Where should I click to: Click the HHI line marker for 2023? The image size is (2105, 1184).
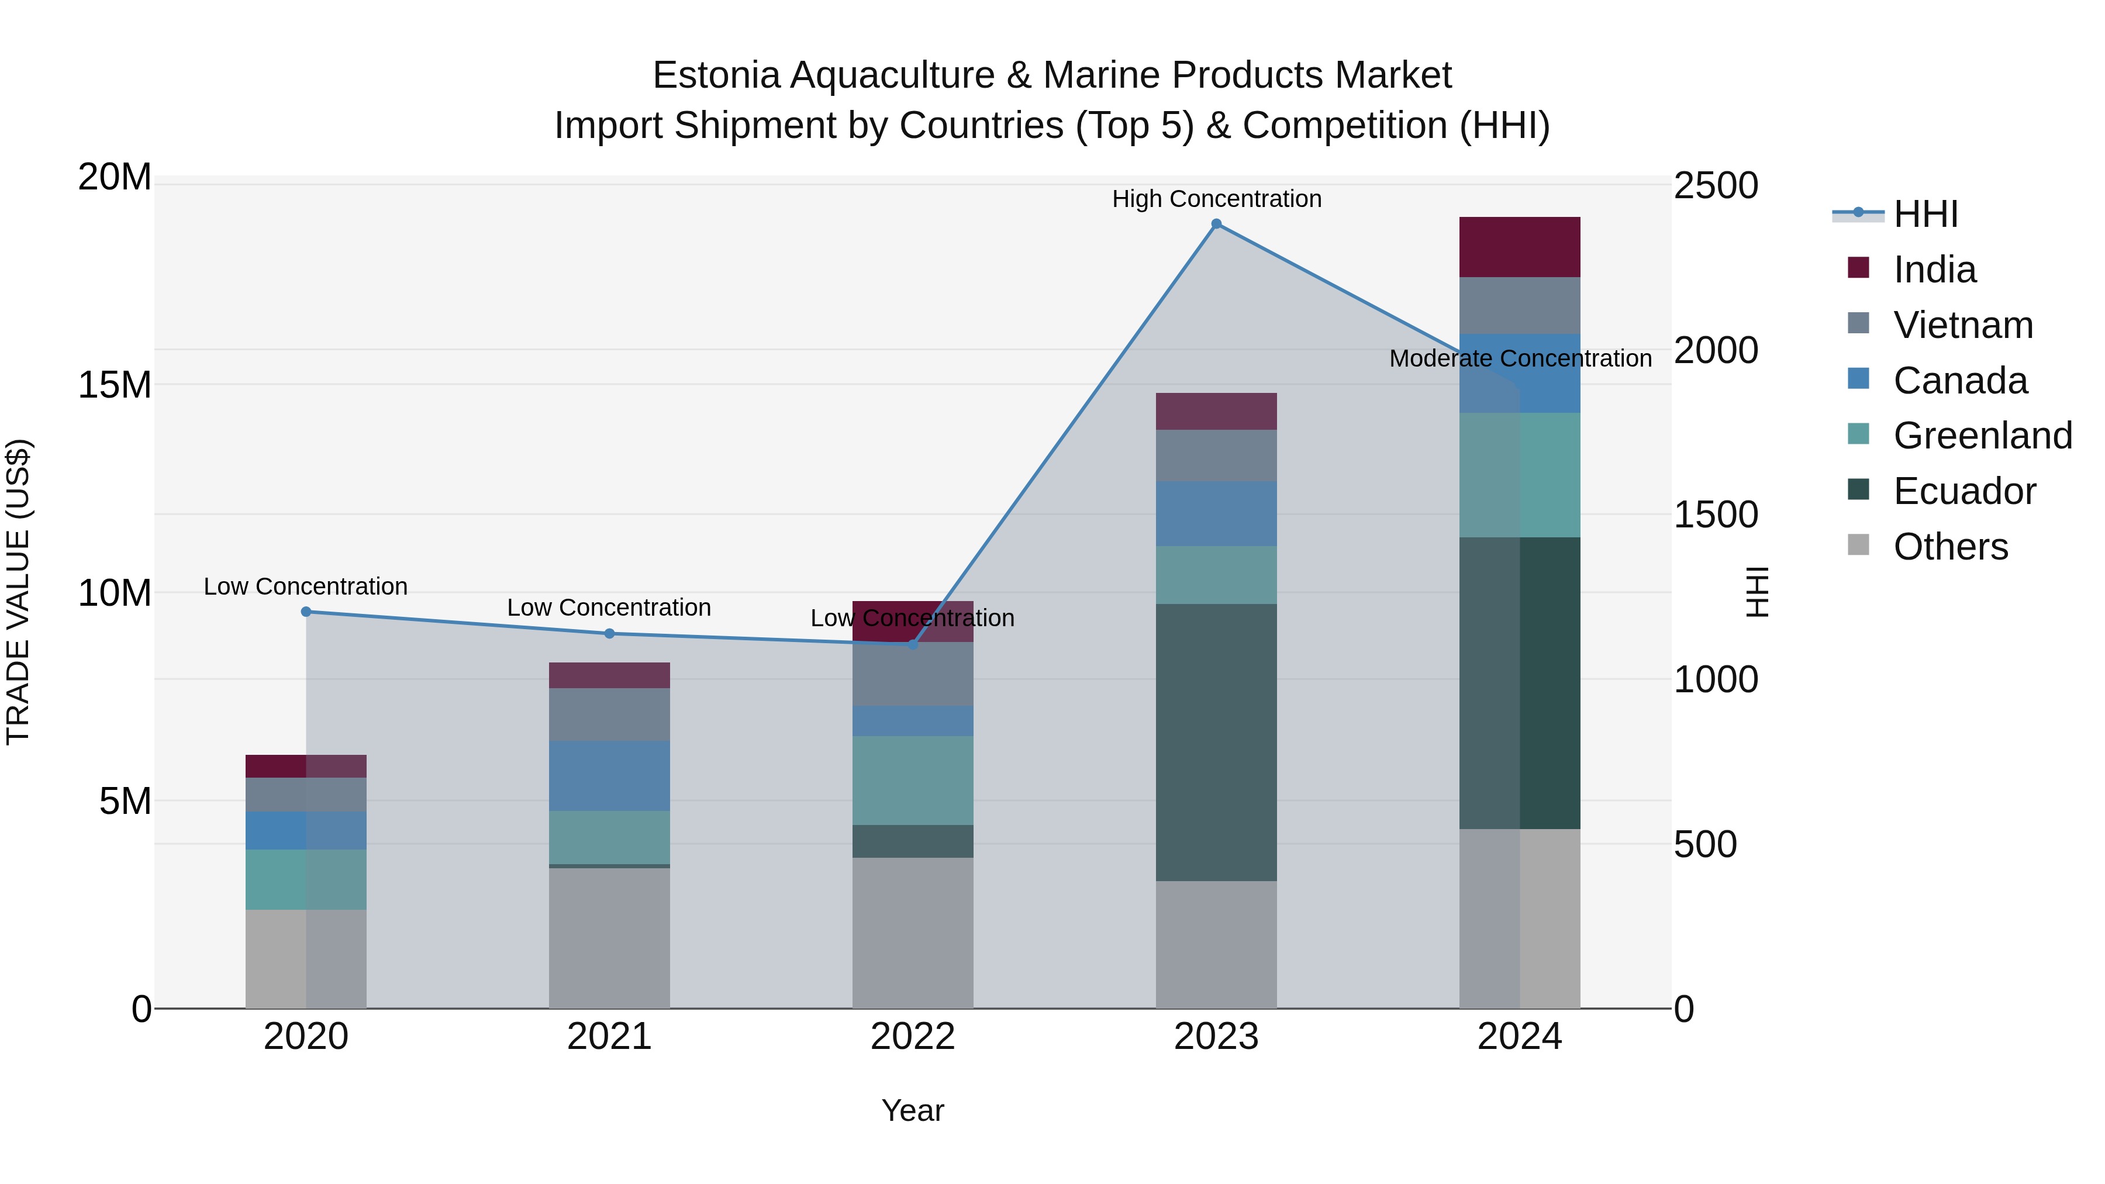1216,224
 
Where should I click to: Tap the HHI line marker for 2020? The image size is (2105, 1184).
306,611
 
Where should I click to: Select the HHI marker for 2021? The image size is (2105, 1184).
610,633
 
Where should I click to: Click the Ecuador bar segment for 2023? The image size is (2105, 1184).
1216,742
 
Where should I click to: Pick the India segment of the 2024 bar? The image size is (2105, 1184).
1519,247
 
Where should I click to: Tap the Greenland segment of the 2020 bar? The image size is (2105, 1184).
306,879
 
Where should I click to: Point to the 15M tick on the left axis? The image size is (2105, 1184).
115,385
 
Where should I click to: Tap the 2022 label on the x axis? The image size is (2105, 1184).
913,1037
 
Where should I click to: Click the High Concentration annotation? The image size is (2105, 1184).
1216,199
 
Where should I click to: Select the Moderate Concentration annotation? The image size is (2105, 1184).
1520,359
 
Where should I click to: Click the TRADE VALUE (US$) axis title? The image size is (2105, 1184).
19,592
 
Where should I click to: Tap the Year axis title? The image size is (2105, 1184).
913,1110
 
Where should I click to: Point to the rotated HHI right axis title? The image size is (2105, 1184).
1755,592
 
